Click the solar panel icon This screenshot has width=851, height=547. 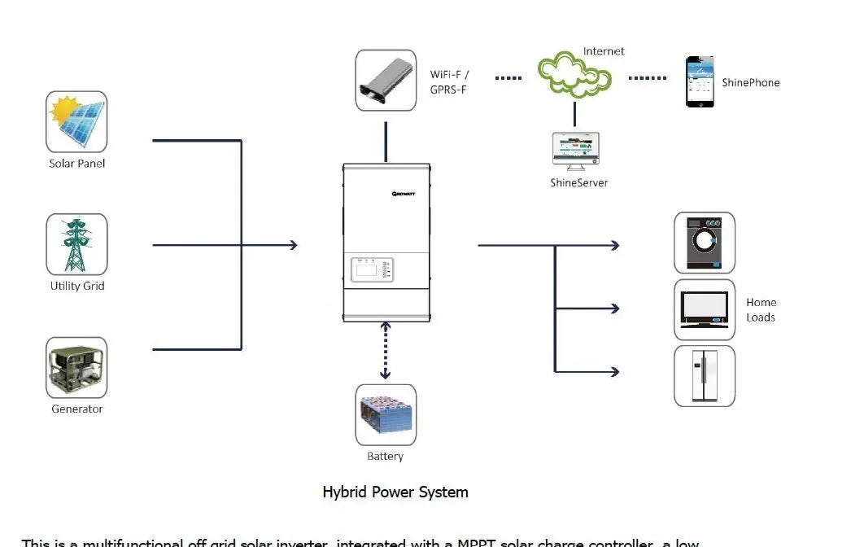tap(76, 121)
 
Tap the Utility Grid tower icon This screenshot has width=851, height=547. tap(76, 244)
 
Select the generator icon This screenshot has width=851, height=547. tap(76, 368)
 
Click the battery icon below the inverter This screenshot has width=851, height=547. tap(386, 414)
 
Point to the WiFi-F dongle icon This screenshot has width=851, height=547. tap(386, 81)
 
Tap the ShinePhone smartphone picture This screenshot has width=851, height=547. tap(699, 81)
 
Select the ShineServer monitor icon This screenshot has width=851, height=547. tap(575, 151)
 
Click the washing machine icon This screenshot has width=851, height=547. tap(704, 243)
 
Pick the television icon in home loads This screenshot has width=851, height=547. tap(704, 309)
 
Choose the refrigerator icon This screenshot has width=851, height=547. tap(704, 376)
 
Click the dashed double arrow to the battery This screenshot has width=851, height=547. tap(386, 350)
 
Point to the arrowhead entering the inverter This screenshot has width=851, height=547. tap(292, 245)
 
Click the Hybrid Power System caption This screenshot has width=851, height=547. tap(395, 492)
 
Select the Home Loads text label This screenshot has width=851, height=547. tap(761, 310)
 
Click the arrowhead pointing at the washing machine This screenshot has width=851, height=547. tap(614, 245)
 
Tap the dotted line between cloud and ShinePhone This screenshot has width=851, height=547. tap(647, 78)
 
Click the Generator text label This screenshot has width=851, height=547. tap(77, 409)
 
